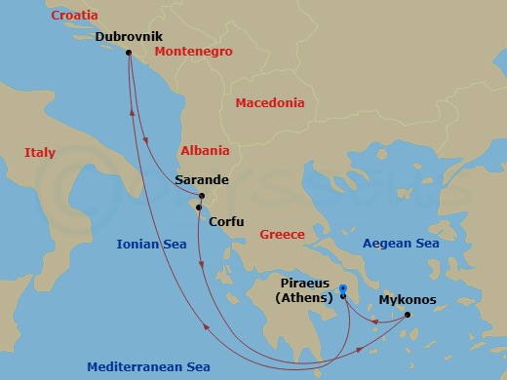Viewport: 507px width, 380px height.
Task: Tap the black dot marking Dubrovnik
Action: point(129,54)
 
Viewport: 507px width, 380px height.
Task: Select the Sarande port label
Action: point(201,180)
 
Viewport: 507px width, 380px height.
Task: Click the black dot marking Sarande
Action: point(201,196)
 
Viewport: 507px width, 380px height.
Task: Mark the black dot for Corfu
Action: point(198,208)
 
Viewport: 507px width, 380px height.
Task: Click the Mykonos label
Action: point(408,300)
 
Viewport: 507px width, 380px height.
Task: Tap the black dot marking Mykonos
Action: point(408,314)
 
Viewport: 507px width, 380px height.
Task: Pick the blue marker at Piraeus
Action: point(343,290)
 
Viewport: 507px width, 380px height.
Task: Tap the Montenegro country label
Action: point(193,51)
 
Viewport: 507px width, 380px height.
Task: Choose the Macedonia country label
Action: point(270,102)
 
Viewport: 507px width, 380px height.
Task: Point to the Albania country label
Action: point(205,151)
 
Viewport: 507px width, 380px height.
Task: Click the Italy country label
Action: point(40,153)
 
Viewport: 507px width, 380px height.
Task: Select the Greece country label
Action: point(282,235)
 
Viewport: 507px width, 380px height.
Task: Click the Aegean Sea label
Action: point(401,244)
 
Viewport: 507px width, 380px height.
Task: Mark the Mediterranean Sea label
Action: point(148,367)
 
